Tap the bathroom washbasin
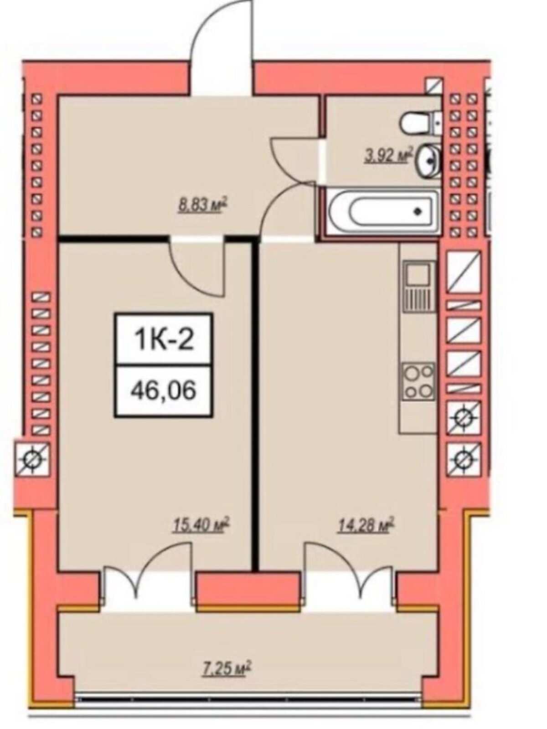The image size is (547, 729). click(430, 161)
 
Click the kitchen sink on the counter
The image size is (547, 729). click(419, 286)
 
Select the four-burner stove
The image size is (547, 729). click(419, 381)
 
